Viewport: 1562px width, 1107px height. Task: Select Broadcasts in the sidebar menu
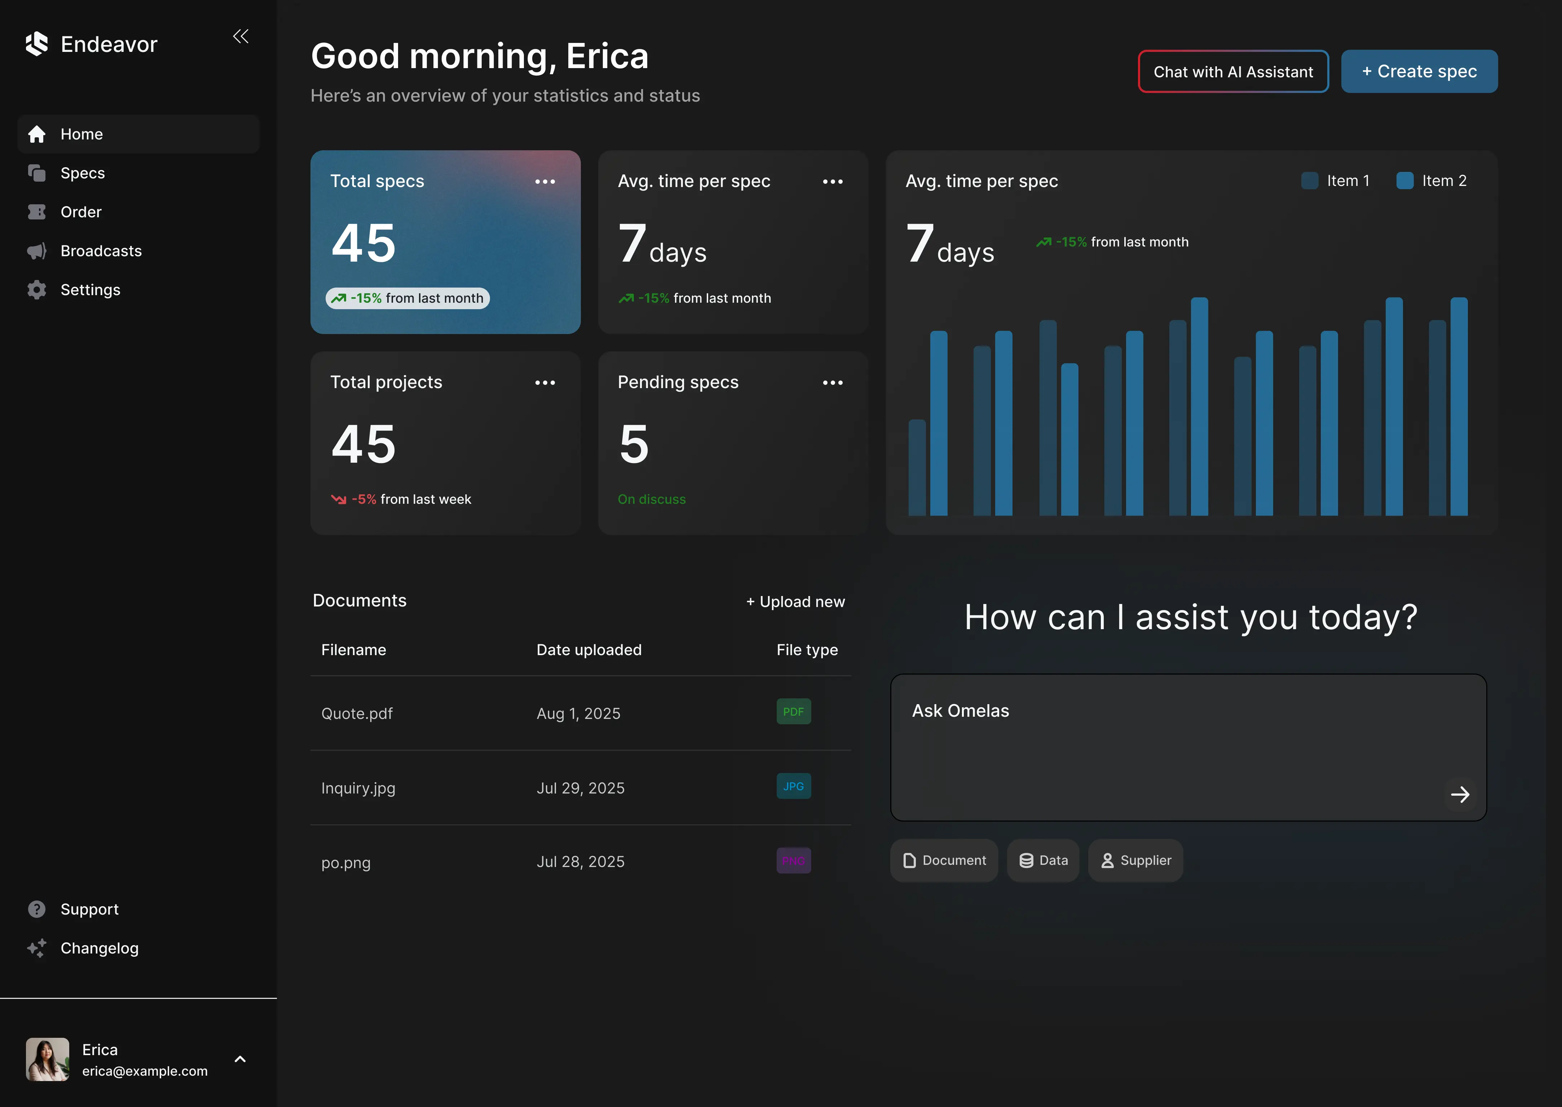[101, 251]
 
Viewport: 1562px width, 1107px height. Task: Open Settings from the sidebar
[90, 290]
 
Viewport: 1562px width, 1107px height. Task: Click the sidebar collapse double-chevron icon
[241, 36]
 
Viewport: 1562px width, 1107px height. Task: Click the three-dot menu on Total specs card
[545, 181]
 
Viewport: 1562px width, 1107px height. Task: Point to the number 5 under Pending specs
[634, 444]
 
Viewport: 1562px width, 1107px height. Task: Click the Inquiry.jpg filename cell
[358, 788]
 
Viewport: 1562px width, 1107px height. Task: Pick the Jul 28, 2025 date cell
[581, 862]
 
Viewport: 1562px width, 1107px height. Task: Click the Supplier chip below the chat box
[1136, 860]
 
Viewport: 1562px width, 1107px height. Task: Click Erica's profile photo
[47, 1059]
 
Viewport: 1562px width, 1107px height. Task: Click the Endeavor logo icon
[37, 44]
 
